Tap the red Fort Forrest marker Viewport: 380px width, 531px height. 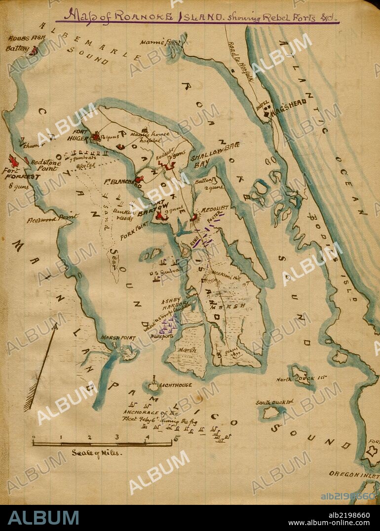click(x=13, y=160)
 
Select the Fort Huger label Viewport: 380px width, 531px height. click(x=79, y=136)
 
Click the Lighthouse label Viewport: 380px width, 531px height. click(x=175, y=386)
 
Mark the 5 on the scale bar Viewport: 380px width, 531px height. click(x=176, y=438)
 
